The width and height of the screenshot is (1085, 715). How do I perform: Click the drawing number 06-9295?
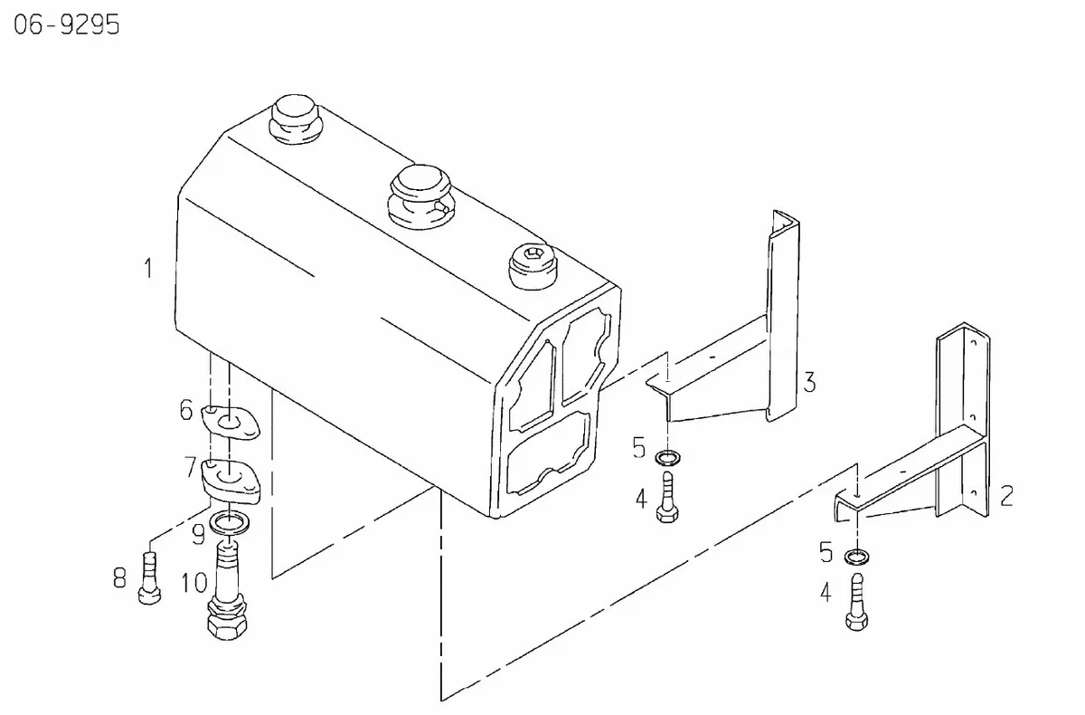67,24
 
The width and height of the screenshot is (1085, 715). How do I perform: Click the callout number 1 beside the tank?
148,268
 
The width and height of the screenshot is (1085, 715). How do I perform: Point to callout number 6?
186,410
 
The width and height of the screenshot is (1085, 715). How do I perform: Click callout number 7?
190,467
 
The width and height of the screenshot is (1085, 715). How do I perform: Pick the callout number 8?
119,578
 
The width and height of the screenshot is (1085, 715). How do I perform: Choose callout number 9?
198,535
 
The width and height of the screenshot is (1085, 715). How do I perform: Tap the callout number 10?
194,583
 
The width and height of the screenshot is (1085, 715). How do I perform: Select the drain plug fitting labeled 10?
227,590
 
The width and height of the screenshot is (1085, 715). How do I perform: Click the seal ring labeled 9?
230,522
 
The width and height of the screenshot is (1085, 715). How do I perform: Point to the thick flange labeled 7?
230,480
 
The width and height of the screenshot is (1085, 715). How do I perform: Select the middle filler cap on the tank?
421,197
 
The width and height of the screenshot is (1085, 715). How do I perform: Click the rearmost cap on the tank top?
296,119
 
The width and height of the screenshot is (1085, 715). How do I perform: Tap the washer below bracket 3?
667,457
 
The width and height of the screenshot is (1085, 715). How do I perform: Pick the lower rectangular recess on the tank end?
549,454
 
